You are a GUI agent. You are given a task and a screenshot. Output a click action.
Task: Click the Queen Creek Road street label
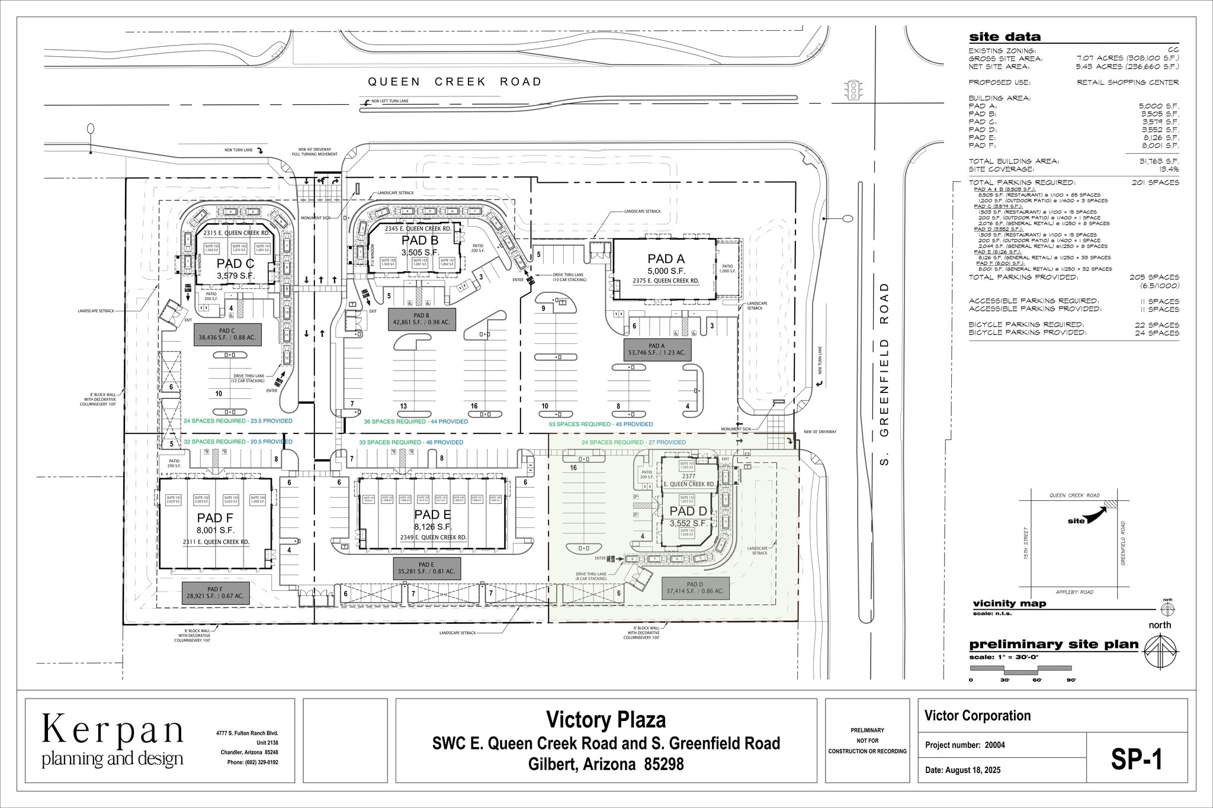point(454,82)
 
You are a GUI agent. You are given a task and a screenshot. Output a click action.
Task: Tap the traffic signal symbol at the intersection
point(854,91)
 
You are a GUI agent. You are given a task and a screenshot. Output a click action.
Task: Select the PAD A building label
point(666,259)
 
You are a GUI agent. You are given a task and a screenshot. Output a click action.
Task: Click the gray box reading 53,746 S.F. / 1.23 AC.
point(656,349)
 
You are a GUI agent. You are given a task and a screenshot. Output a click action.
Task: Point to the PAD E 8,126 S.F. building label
point(432,520)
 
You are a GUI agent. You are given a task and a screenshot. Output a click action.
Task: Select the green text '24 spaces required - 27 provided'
point(634,442)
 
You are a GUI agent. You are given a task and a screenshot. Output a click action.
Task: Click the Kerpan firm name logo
point(113,730)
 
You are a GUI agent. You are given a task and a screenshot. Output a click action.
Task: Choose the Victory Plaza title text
point(605,720)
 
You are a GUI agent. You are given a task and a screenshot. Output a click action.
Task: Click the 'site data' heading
point(1005,37)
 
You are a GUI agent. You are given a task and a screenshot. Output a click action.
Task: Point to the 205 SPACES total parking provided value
point(1155,277)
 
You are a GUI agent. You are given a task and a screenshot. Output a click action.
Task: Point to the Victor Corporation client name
point(977,716)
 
